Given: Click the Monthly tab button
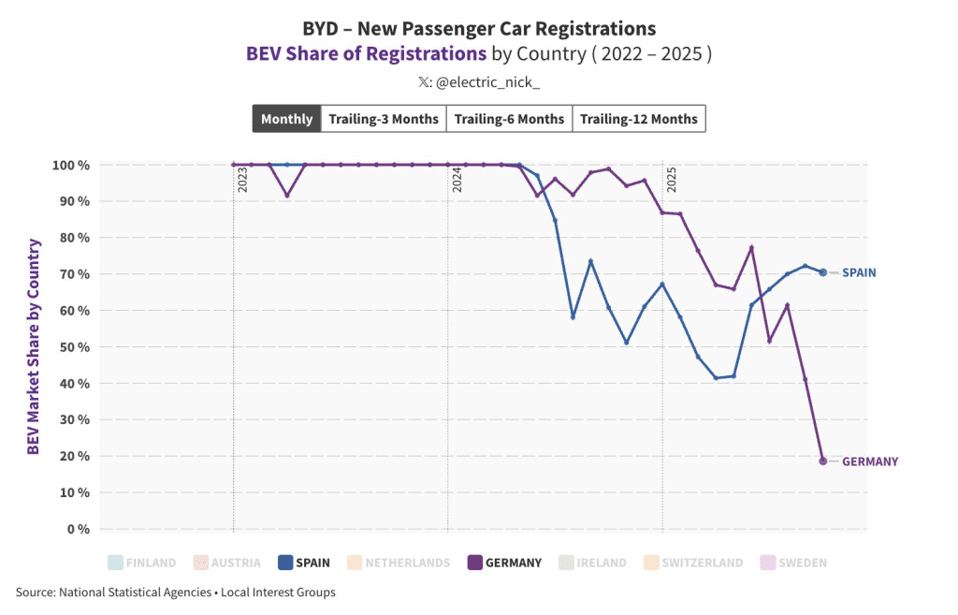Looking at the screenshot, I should [286, 119].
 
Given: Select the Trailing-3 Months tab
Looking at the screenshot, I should [383, 119].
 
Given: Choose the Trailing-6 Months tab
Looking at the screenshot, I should [509, 119].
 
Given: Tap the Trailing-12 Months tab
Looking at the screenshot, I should [639, 119].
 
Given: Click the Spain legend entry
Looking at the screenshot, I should [304, 563].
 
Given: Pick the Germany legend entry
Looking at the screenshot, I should [504, 563].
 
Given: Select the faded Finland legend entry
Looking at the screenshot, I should [142, 563].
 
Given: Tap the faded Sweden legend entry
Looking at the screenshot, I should [794, 563].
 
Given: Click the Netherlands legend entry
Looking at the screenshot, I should [399, 563].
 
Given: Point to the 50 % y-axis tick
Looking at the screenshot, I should [71, 347].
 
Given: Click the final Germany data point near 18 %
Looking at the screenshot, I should [823, 461].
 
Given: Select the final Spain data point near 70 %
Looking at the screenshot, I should [823, 272].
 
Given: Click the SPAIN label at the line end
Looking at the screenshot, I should [859, 272].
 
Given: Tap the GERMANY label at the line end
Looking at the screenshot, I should [870, 461].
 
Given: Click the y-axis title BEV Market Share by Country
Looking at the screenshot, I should [34, 347].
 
